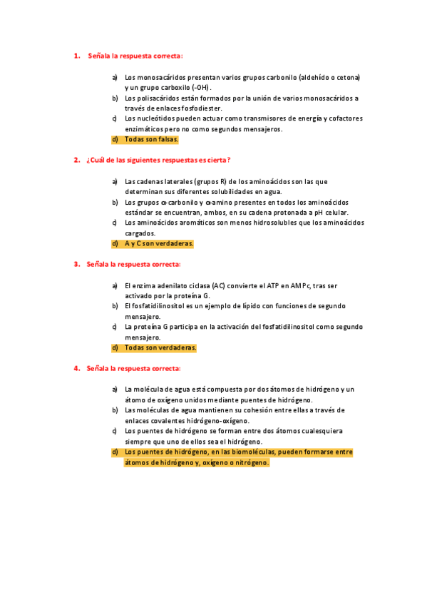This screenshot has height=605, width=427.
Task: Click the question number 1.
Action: coord(76,56)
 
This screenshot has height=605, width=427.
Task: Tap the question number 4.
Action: coord(76,368)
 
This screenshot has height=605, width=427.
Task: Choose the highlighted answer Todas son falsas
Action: coord(151,139)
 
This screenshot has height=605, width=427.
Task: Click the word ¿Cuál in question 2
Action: coord(96,160)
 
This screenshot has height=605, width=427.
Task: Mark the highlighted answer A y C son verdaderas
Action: coord(158,243)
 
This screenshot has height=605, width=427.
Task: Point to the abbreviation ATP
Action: coord(276,285)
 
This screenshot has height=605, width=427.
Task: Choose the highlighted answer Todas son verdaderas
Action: coord(160,347)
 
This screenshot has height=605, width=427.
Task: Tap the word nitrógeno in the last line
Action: coord(251,462)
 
